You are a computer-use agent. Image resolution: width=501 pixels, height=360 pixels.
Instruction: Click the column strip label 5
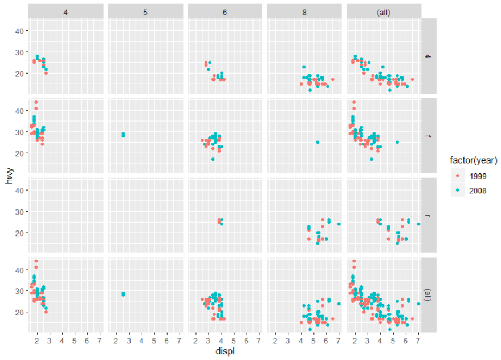pyautogui.click(x=145, y=11)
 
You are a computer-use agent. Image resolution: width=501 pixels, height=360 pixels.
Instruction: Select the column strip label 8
pyautogui.click(x=305, y=11)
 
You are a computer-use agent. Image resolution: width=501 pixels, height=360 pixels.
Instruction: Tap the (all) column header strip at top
pyautogui.click(x=384, y=11)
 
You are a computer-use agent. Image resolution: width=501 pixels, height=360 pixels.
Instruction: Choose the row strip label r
pyautogui.click(x=429, y=215)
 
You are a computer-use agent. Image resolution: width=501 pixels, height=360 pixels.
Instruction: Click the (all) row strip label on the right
pyautogui.click(x=429, y=294)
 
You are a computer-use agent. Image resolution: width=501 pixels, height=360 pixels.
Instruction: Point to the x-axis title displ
pyautogui.click(x=225, y=351)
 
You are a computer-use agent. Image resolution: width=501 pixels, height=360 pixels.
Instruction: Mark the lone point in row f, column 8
pyautogui.click(x=317, y=142)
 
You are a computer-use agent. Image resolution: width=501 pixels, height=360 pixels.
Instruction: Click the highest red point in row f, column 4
pyautogui.click(x=36, y=102)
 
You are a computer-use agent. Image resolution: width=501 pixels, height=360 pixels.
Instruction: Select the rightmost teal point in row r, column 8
pyautogui.click(x=339, y=224)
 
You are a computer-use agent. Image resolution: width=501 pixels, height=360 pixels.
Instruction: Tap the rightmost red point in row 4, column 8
pyautogui.click(x=332, y=80)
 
